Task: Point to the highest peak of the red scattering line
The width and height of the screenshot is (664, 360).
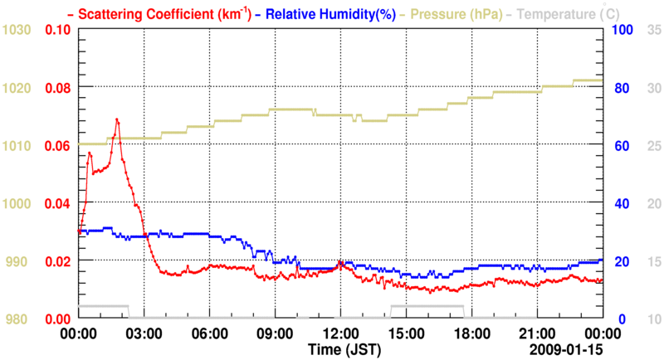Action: point(117,119)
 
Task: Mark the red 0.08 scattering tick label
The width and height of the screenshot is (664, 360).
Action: point(57,88)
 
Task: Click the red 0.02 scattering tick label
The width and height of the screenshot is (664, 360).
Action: point(57,261)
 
